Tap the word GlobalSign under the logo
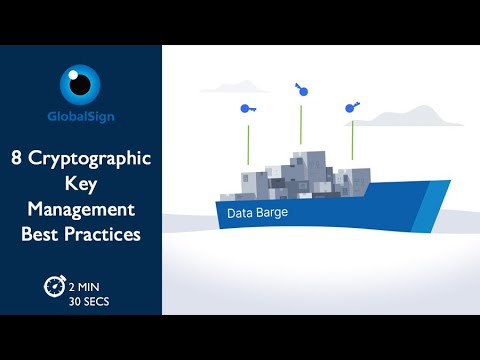tap(80, 116)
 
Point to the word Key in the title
tap(80, 185)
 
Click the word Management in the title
tap(80, 210)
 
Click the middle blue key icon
tap(301, 90)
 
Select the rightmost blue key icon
tap(351, 107)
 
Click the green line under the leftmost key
tap(248, 145)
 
